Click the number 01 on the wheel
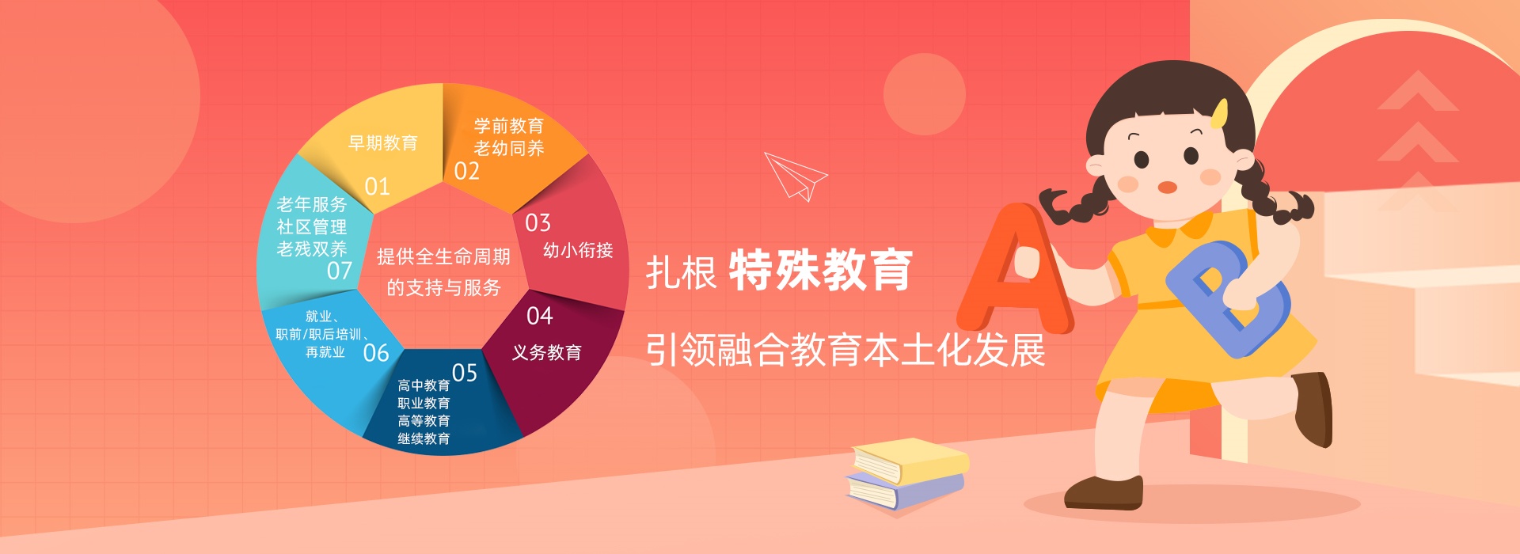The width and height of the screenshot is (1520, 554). (x=377, y=187)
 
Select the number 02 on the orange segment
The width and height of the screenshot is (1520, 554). (x=466, y=171)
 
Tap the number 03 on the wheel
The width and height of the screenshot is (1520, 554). (x=538, y=223)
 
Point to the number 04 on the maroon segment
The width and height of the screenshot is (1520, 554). (x=539, y=316)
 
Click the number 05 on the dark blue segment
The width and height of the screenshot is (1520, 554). (x=465, y=373)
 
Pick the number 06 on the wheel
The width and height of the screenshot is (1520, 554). (x=376, y=352)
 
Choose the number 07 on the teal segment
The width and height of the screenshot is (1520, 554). (x=340, y=271)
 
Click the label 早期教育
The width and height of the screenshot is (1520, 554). (x=383, y=143)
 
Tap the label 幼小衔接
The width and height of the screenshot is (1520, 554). (x=578, y=250)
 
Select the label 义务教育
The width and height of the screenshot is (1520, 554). (x=546, y=352)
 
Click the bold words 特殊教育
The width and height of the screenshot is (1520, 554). (x=820, y=270)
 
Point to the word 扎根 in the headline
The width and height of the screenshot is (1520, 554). (x=681, y=272)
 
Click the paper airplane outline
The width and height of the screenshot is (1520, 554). (x=796, y=176)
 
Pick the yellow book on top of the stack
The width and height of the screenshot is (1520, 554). (x=910, y=460)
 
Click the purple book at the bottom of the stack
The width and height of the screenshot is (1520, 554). (x=905, y=490)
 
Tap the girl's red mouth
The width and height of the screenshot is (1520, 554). (x=1168, y=188)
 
